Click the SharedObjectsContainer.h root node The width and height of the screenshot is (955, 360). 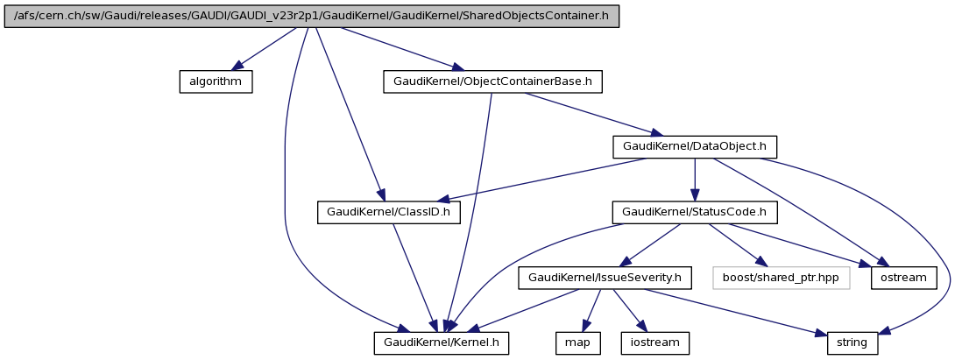(x=312, y=17)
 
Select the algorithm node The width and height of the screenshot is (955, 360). (x=216, y=81)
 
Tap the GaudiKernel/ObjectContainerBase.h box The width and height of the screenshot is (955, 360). (x=493, y=81)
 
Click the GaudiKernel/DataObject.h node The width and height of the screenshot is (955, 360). (x=695, y=146)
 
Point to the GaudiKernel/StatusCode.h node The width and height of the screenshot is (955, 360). (x=695, y=212)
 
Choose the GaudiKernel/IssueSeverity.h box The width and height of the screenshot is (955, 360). (x=605, y=278)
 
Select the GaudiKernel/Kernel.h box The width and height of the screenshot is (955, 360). (x=441, y=342)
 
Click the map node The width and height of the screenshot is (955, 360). (x=577, y=342)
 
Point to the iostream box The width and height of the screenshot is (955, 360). (x=654, y=342)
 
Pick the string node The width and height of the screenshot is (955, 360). (x=852, y=342)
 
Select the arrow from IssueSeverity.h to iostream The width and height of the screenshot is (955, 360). (x=630, y=310)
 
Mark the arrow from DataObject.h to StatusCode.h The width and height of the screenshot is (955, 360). (x=695, y=179)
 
